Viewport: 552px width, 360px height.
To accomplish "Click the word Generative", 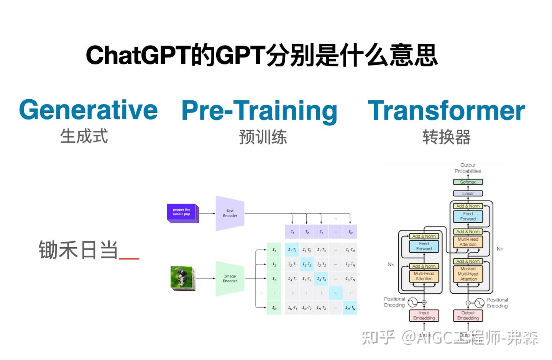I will [x=88, y=110].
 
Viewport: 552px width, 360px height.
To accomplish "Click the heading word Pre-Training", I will [x=259, y=111].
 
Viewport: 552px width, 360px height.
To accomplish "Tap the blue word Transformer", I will [x=446, y=111].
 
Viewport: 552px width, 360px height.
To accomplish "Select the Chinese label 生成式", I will [x=84, y=136].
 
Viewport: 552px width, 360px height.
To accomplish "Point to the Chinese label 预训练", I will [x=263, y=137].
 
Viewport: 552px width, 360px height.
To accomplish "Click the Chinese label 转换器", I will [x=447, y=137].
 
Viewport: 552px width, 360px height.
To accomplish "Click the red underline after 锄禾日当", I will [x=129, y=258].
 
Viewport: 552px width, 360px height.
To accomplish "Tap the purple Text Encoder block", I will [x=230, y=214].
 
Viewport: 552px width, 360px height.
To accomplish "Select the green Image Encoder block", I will [x=230, y=279].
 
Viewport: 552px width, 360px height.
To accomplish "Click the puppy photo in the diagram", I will [x=182, y=278].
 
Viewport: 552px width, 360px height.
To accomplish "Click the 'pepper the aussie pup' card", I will [x=182, y=212].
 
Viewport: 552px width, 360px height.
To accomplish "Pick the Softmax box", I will [x=468, y=182].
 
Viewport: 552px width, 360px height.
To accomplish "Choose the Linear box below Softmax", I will [x=468, y=194].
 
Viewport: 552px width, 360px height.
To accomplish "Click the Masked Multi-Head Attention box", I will [x=468, y=274].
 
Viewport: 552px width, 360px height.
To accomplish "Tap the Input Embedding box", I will [x=424, y=316].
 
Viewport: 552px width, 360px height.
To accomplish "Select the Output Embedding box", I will [x=468, y=316].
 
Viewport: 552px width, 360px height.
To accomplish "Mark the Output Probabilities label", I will [x=468, y=168].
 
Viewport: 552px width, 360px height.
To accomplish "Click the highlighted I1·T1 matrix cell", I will [x=292, y=250].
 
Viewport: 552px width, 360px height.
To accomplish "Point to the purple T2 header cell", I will [x=307, y=232].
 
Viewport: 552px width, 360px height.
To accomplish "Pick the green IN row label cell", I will [x=274, y=308].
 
